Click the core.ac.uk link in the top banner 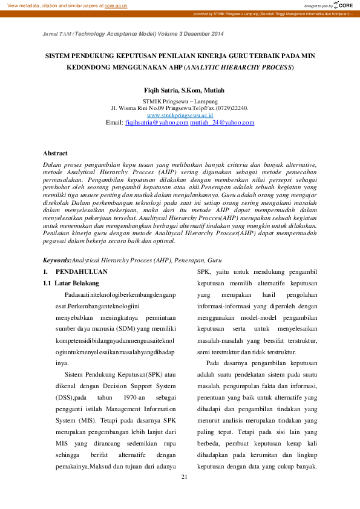[x=116, y=5]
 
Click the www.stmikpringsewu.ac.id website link [x=180, y=115]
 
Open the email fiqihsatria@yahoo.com [x=157, y=122]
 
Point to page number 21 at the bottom [x=185, y=477]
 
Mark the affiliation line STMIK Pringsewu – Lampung [x=180, y=100]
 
